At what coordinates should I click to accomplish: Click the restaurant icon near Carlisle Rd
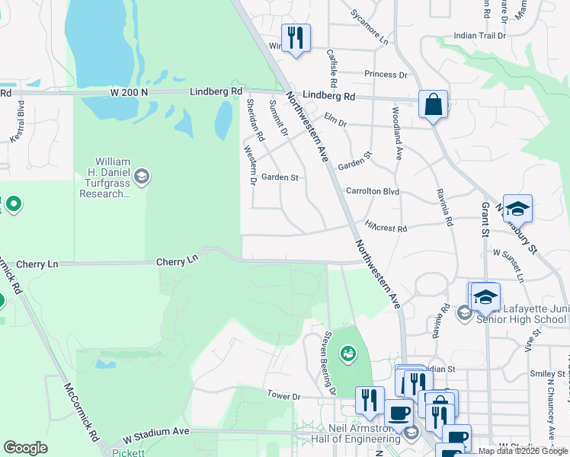point(296,37)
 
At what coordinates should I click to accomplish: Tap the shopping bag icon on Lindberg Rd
point(433,105)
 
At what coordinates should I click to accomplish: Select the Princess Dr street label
point(386,75)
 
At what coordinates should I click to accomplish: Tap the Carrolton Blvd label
point(373,192)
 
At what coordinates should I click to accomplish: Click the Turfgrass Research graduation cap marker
point(141,177)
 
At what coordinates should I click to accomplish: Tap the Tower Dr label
point(284,396)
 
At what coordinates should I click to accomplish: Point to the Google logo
point(25,448)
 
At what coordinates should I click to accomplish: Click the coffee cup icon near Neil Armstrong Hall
point(399,413)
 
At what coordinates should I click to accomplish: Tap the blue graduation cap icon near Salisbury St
point(517,209)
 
